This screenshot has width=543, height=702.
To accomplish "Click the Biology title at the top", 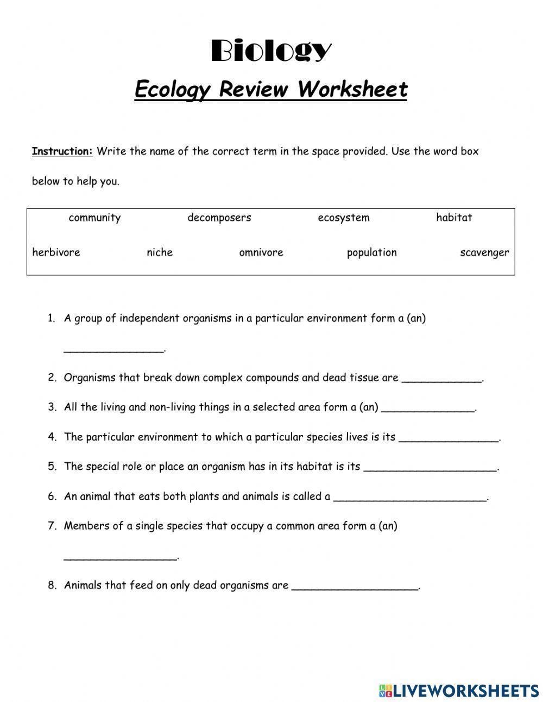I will pyautogui.click(x=270, y=51).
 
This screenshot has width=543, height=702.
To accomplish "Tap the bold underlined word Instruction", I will pyautogui.click(x=62, y=151).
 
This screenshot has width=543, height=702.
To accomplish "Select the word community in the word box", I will pyautogui.click(x=94, y=218).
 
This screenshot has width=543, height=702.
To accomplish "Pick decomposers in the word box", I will pyautogui.click(x=219, y=218).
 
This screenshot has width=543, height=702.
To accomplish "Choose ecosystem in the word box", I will pyautogui.click(x=344, y=218).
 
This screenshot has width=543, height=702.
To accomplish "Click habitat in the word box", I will pyautogui.click(x=454, y=218).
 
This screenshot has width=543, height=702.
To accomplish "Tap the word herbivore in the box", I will pyautogui.click(x=56, y=252).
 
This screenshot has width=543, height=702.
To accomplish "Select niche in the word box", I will pyautogui.click(x=160, y=252).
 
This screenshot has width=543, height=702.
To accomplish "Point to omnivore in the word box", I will pyautogui.click(x=261, y=252).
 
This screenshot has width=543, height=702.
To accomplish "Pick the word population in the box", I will pyautogui.click(x=372, y=253).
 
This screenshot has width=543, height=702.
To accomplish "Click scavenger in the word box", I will pyautogui.click(x=484, y=253).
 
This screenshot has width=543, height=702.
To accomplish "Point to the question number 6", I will pyautogui.click(x=52, y=496).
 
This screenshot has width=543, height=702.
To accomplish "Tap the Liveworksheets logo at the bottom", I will pyautogui.click(x=459, y=690).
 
